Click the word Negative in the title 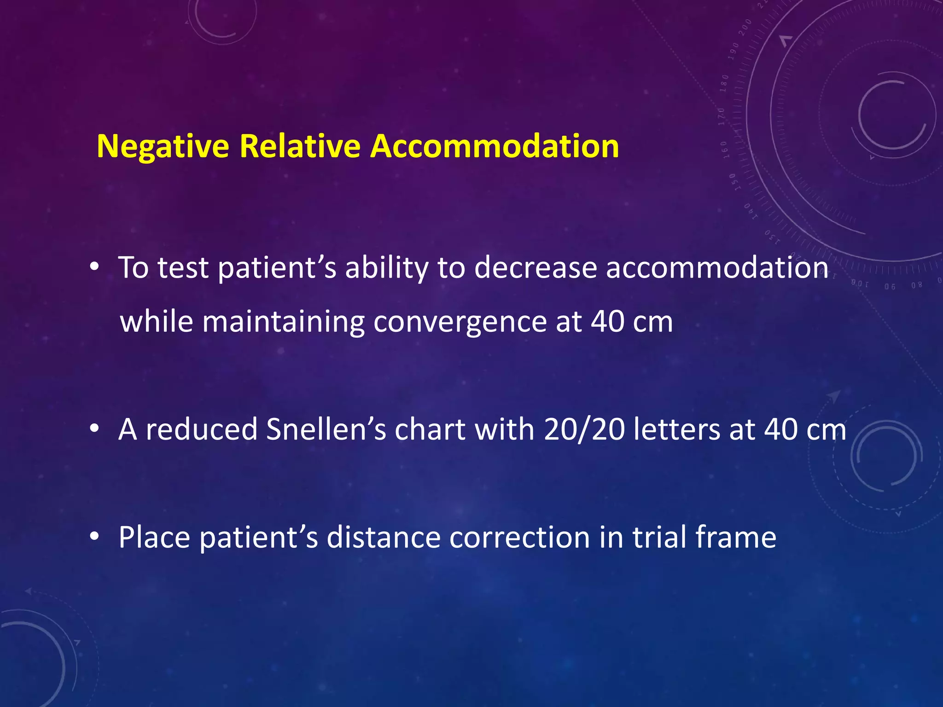[x=163, y=147]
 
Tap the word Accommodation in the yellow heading [x=495, y=147]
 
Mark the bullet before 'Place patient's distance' [x=94, y=536]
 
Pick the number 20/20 [x=584, y=429]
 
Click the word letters [x=676, y=429]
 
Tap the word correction [x=519, y=537]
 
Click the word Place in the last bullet [x=154, y=537]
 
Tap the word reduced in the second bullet [x=201, y=429]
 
